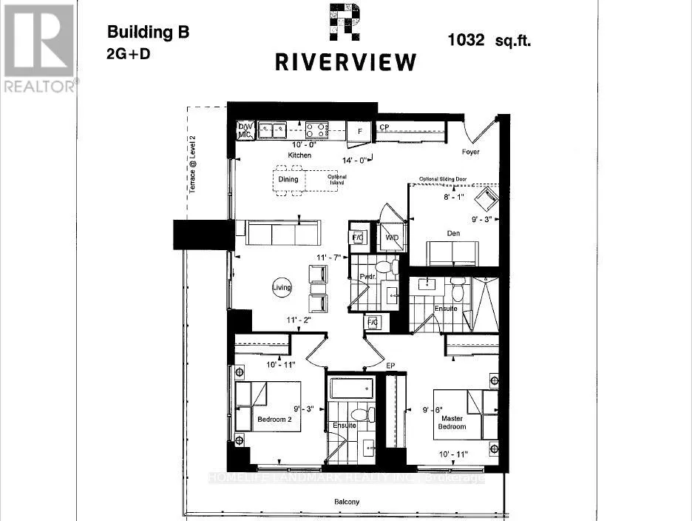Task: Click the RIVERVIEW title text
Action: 345,62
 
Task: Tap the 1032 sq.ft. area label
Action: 489,40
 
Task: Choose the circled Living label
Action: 282,288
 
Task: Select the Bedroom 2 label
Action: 275,420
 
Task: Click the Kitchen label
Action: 300,156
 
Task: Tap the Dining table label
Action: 288,179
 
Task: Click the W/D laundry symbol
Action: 391,238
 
